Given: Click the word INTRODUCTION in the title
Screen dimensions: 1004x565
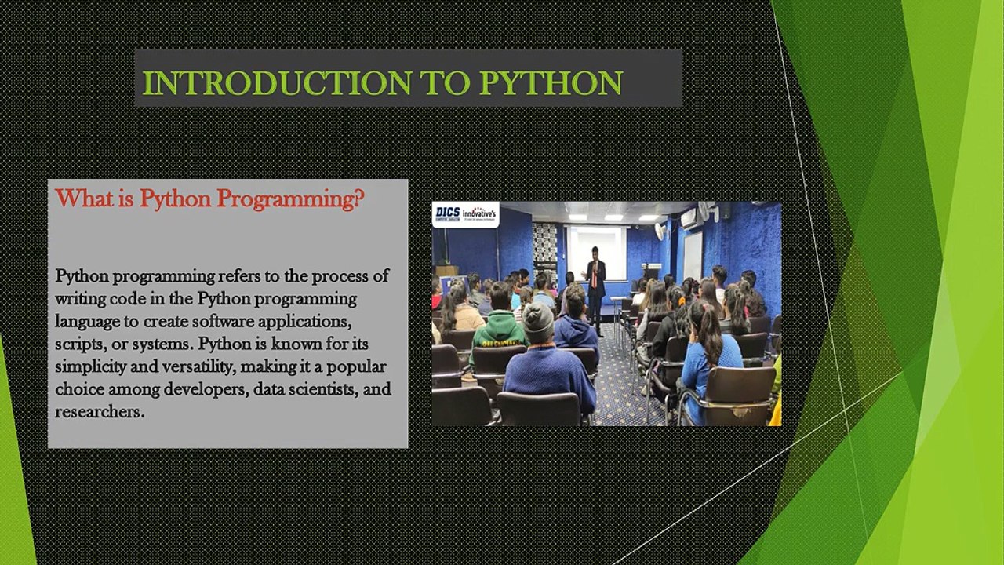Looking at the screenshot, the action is tap(277, 83).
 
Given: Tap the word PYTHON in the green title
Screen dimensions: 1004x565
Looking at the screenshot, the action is tap(551, 83).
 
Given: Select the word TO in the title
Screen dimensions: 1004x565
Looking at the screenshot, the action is tap(445, 83).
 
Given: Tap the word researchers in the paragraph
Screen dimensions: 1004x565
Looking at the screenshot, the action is tap(99, 412).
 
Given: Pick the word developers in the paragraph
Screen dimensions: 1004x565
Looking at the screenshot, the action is tap(206, 390).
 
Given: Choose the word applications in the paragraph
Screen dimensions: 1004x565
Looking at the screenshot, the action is tap(305, 323).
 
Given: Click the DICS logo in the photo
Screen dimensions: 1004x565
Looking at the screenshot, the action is tap(448, 213).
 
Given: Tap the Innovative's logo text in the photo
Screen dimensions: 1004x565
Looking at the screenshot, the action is tap(479, 214).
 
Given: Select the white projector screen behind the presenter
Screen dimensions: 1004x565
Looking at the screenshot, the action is tap(598, 253).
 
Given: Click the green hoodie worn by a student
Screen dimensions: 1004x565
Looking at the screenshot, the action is tap(498, 336).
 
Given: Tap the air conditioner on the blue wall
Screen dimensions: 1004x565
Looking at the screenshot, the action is tap(689, 218).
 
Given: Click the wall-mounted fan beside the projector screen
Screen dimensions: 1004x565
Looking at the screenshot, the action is tap(660, 231).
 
